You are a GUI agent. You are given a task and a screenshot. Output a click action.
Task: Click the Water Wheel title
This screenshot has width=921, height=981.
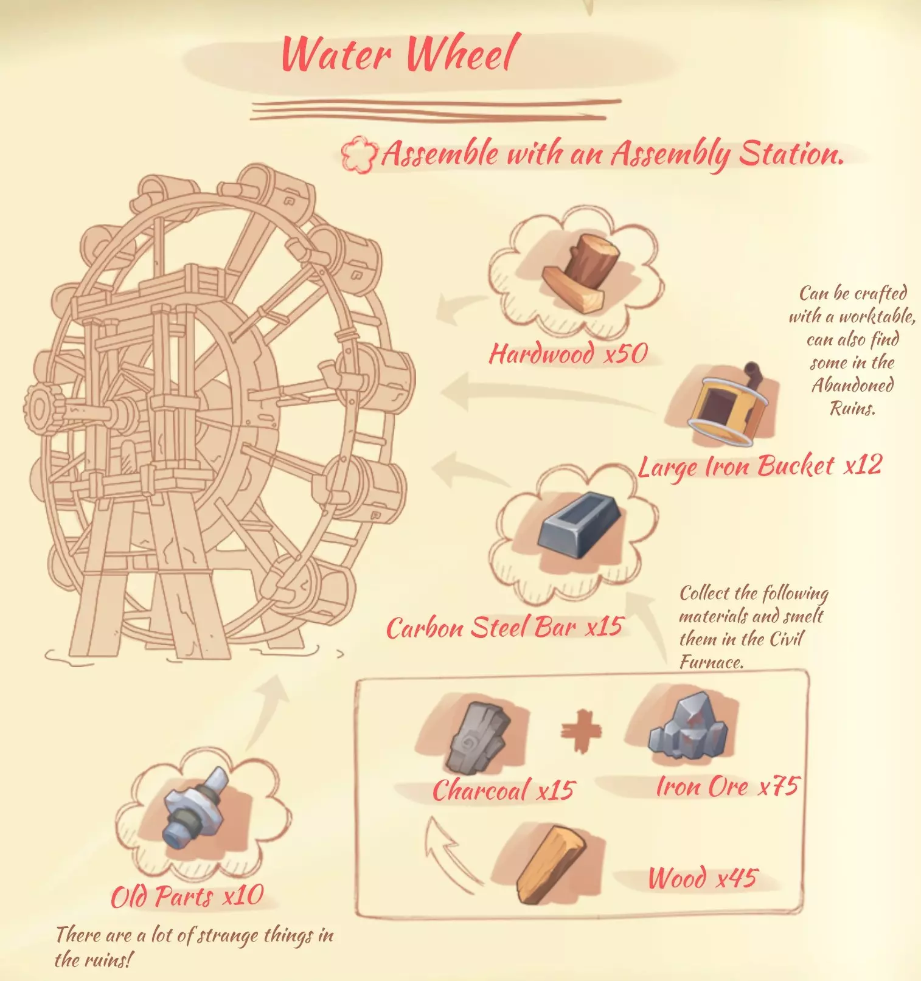(x=400, y=54)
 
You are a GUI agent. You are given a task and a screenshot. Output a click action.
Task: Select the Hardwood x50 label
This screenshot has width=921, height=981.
(x=569, y=353)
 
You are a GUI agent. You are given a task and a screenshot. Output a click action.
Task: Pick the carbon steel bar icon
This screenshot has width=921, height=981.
(x=580, y=525)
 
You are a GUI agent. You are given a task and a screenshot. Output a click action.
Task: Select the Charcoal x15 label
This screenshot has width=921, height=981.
(x=503, y=790)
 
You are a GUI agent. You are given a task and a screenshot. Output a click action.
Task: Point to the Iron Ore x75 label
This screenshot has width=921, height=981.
(x=727, y=786)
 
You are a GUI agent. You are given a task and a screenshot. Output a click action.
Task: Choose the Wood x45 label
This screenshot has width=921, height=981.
(x=703, y=878)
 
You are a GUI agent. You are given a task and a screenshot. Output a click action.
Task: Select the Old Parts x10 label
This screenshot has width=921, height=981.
(x=187, y=896)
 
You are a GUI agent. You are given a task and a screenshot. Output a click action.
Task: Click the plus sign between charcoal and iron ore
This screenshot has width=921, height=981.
(x=581, y=730)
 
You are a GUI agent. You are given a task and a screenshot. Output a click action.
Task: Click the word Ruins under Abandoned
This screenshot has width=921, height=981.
(x=853, y=407)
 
